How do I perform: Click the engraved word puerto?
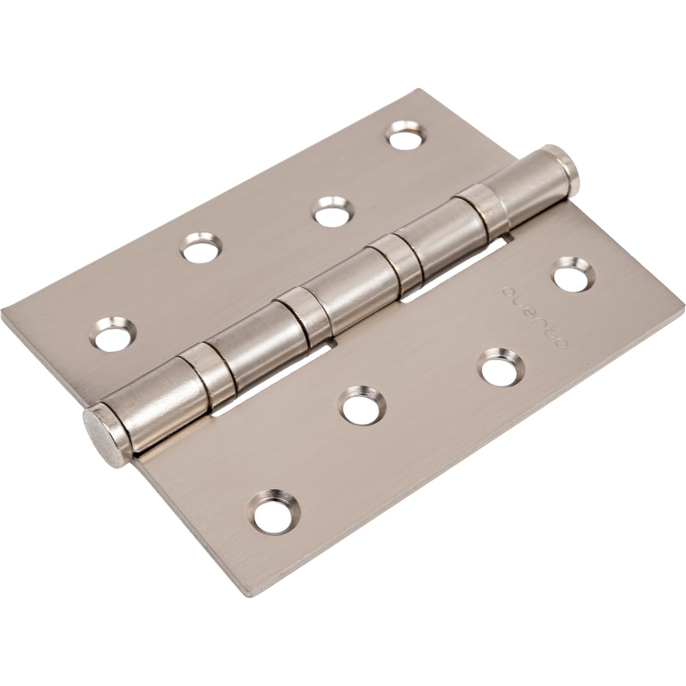coord(532,317)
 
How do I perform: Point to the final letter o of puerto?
coord(560,341)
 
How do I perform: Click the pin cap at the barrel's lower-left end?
coord(106,436)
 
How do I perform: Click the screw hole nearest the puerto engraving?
coord(572,275)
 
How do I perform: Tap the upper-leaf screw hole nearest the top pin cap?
coord(406,135)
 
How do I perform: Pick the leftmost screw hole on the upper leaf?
coord(113,334)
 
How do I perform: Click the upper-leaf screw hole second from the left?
coord(201,248)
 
